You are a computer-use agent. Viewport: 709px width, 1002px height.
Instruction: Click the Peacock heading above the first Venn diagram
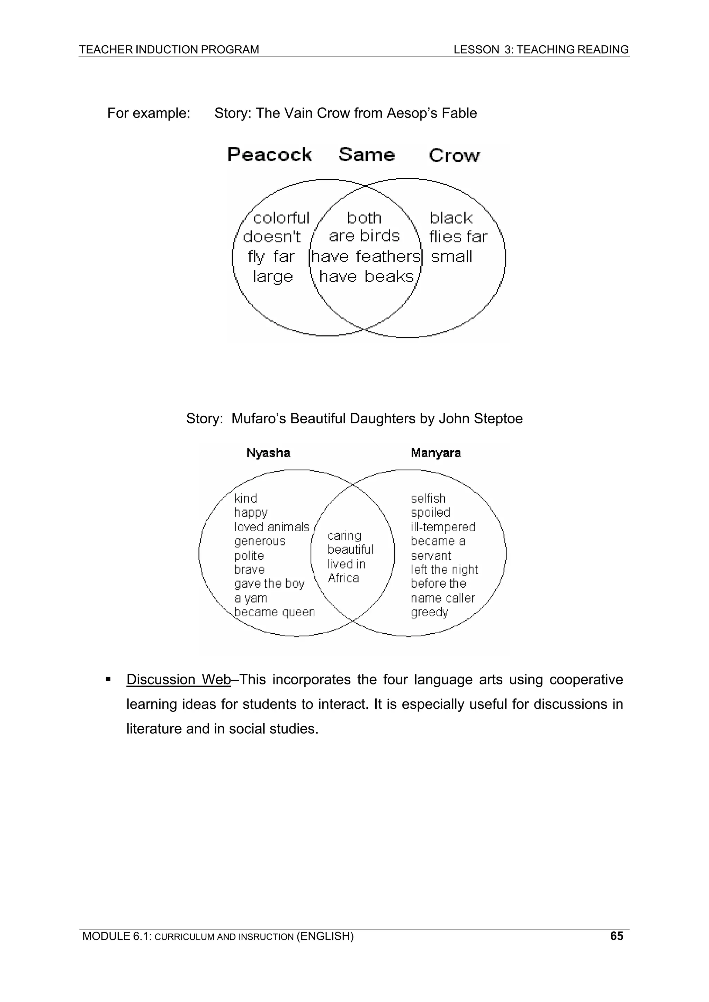click(270, 155)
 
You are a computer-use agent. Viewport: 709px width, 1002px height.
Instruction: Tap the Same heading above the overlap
click(367, 155)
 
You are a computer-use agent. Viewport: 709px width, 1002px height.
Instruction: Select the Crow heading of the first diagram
click(454, 156)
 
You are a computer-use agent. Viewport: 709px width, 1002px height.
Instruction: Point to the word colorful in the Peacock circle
click(281, 218)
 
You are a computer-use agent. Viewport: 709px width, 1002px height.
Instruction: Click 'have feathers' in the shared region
click(366, 257)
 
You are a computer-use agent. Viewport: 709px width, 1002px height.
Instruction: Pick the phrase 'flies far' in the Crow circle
click(458, 237)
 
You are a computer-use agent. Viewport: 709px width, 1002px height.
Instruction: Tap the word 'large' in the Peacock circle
click(272, 277)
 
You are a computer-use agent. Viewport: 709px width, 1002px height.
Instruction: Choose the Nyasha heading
click(268, 453)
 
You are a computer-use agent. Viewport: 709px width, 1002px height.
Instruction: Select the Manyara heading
click(436, 453)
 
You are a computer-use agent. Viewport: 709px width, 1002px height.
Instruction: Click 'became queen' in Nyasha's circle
click(274, 612)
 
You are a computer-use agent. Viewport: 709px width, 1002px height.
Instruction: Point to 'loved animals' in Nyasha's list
click(271, 527)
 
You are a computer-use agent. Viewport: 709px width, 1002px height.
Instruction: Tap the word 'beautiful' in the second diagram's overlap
click(350, 550)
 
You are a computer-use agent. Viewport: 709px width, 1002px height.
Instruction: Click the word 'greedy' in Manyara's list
click(429, 612)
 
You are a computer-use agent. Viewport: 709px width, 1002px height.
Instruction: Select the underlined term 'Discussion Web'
click(178, 680)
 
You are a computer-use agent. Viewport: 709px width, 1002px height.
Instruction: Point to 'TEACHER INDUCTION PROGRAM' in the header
click(169, 50)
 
